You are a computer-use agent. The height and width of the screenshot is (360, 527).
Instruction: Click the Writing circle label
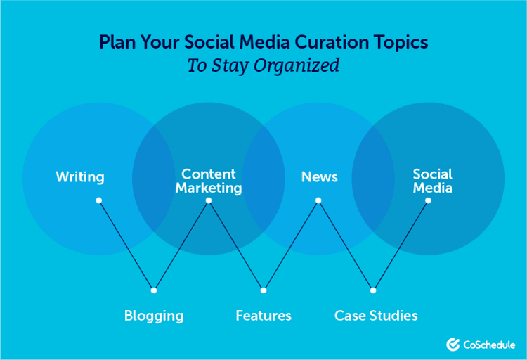pyautogui.click(x=80, y=177)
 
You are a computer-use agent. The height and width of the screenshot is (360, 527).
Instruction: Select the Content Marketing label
pyautogui.click(x=209, y=181)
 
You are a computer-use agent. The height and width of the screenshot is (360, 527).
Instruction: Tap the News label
pyautogui.click(x=319, y=177)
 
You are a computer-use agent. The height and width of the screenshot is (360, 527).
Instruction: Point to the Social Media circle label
pyautogui.click(x=432, y=181)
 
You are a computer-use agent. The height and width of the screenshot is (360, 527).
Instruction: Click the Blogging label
pyautogui.click(x=154, y=316)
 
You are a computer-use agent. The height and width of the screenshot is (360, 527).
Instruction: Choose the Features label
pyautogui.click(x=263, y=316)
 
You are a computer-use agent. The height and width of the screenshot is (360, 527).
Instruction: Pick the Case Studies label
pyautogui.click(x=376, y=316)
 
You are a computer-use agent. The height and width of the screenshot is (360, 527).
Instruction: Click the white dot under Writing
pyautogui.click(x=99, y=200)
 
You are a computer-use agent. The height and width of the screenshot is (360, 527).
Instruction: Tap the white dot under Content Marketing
pyautogui.click(x=209, y=200)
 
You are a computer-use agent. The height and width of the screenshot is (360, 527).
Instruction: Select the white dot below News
pyautogui.click(x=318, y=200)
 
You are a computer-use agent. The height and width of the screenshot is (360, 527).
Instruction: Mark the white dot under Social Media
pyautogui.click(x=428, y=200)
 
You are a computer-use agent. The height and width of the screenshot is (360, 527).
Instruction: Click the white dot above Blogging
pyautogui.click(x=154, y=290)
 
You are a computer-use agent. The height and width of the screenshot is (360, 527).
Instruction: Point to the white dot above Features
pyautogui.click(x=263, y=290)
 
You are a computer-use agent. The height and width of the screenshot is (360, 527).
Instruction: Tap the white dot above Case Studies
pyautogui.click(x=373, y=290)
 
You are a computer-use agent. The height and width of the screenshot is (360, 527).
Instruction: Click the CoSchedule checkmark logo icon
pyautogui.click(x=453, y=345)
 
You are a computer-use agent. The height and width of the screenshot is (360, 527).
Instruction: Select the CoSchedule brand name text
pyautogui.click(x=490, y=345)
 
